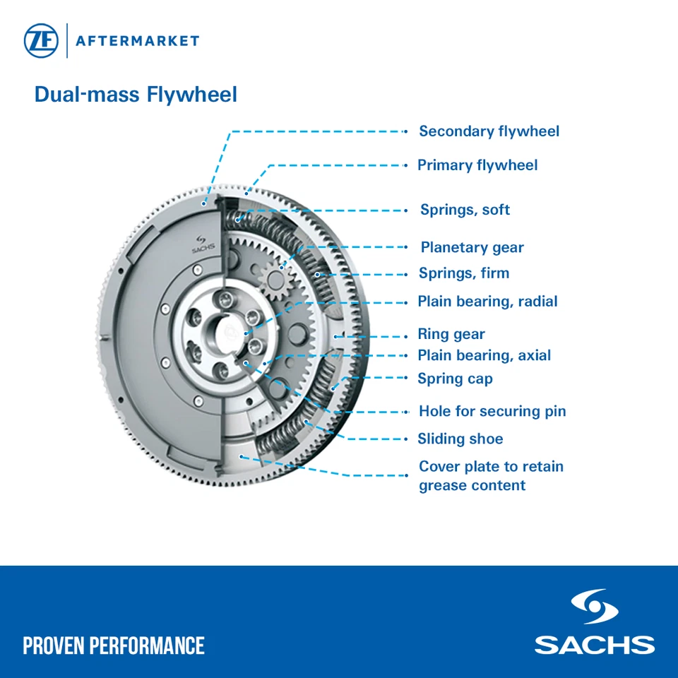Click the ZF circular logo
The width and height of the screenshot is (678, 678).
click(x=41, y=41)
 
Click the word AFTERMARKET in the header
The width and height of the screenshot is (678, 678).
click(x=137, y=41)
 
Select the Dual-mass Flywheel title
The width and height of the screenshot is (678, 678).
click(x=136, y=95)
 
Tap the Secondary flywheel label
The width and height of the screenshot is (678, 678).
click(x=489, y=131)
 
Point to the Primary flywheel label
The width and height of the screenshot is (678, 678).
click(x=477, y=165)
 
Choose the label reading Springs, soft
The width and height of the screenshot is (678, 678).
click(x=465, y=210)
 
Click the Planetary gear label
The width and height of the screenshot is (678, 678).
click(x=472, y=248)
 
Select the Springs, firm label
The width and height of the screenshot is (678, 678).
click(x=463, y=273)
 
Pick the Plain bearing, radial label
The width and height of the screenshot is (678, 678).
click(x=487, y=302)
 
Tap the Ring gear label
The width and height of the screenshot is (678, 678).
click(x=451, y=335)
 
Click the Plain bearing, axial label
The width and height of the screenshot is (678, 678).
click(x=484, y=356)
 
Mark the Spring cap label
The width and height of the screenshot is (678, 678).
click(x=455, y=379)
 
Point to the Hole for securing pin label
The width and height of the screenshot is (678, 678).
click(x=492, y=412)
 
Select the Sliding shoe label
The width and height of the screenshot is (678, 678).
click(x=460, y=439)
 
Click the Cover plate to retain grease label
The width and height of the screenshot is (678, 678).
click(x=491, y=476)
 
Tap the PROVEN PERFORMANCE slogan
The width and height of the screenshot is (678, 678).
click(x=114, y=646)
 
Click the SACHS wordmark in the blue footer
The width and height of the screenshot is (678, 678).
click(x=594, y=645)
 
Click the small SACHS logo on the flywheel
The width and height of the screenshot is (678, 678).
click(x=202, y=244)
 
